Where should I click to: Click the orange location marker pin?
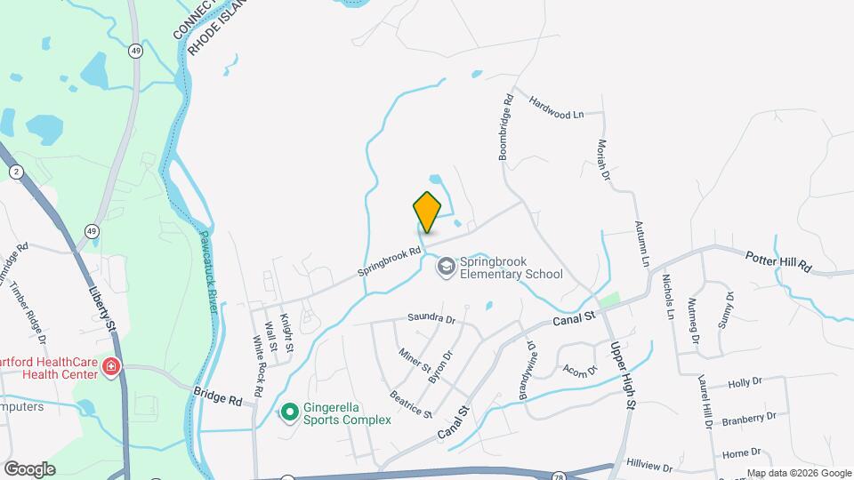tap(427, 212)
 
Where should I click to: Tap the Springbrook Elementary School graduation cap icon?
tap(444, 266)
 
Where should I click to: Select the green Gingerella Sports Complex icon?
tap(289, 412)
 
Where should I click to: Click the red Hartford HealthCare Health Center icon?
tap(111, 366)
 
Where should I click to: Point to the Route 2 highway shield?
tap(15, 172)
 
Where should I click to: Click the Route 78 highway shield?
tap(558, 477)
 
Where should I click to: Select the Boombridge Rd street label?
tap(506, 127)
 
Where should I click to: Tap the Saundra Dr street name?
tap(431, 318)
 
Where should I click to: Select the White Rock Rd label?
tap(257, 365)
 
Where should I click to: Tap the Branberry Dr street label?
tap(749, 418)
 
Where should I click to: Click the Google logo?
tap(29, 469)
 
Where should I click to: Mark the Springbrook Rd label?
tap(389, 259)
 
